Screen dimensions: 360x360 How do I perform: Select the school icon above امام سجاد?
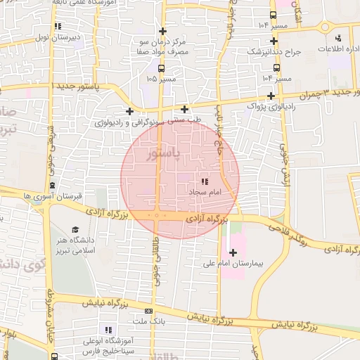[x=205, y=181]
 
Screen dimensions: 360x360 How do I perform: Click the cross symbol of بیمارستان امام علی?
[x=233, y=252]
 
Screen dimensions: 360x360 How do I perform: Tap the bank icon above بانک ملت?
[x=148, y=311]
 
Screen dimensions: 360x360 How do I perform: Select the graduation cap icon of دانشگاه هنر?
[x=75, y=229]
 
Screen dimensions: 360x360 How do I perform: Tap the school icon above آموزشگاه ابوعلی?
[x=108, y=330]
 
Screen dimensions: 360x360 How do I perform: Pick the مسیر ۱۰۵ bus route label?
[x=162, y=79]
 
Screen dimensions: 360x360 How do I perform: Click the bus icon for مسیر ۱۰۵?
[x=162, y=69]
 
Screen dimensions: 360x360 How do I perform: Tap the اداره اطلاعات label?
[x=340, y=49]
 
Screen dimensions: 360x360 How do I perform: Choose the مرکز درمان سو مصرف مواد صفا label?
[x=163, y=47]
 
